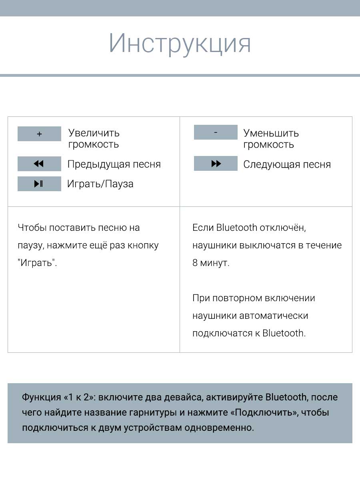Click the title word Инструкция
180,43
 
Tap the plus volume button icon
39,134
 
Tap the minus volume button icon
216,132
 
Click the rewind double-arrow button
39,164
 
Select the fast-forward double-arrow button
216,164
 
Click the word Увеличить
94,133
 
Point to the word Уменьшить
271,133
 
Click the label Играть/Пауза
100,184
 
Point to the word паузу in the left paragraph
30,245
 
